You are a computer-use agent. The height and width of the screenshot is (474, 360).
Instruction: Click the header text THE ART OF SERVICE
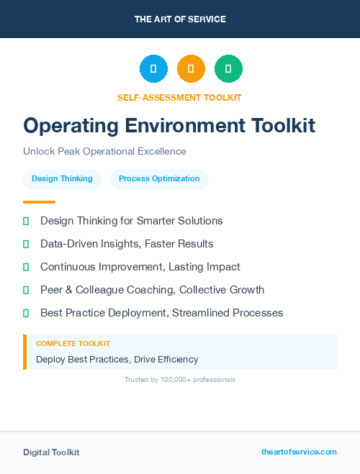coord(180,19)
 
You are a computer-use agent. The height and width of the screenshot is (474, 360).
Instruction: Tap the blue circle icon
coord(153,69)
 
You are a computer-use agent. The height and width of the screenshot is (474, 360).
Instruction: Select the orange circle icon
coord(191,69)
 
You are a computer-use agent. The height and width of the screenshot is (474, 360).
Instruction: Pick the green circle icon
coord(228,69)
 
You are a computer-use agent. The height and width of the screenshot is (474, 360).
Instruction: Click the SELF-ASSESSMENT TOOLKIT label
coord(179,97)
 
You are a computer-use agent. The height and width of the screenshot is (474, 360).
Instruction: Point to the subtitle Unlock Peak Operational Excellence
coord(104,151)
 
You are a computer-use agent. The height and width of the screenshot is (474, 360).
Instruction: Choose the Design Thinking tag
coord(62,178)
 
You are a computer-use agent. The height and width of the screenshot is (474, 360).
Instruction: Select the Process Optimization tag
coord(159,178)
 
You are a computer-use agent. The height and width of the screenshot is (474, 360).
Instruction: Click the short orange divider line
coord(39,202)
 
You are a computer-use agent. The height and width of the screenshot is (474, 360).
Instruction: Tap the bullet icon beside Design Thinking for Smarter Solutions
coord(26,221)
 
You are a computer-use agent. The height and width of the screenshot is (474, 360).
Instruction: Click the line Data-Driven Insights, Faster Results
coord(127,244)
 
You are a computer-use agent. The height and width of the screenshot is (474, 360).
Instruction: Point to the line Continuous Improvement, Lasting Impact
coord(140,267)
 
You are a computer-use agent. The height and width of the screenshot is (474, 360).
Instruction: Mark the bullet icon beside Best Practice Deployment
coord(26,313)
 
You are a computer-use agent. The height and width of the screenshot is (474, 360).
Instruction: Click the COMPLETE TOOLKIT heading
coord(73,344)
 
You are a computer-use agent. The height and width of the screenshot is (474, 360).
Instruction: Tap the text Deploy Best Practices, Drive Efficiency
coord(117,359)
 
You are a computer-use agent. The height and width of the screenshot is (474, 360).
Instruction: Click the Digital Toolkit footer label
coord(51,452)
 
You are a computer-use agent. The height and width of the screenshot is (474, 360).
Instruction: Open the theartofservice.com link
coord(299,452)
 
